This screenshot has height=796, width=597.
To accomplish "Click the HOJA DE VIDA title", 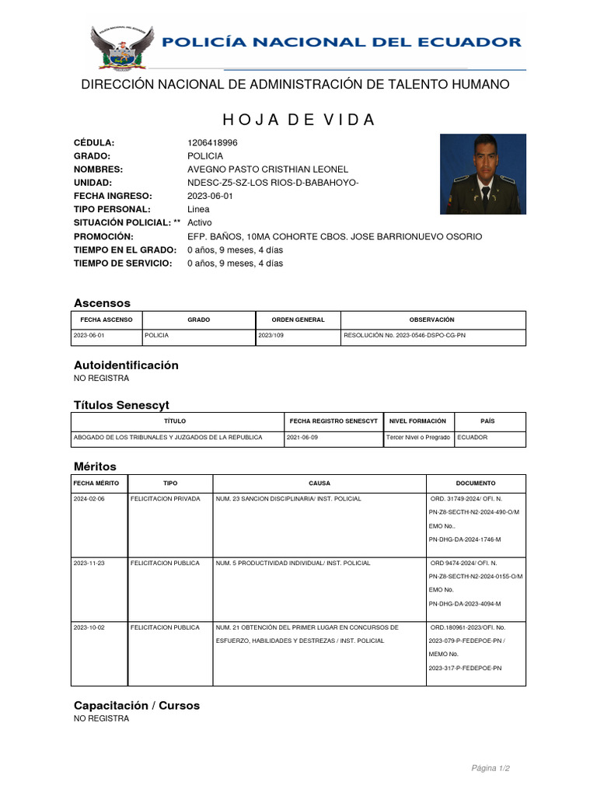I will (298, 120).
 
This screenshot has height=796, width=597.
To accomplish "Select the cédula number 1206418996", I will (213, 143).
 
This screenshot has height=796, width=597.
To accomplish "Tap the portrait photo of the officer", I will (483, 173).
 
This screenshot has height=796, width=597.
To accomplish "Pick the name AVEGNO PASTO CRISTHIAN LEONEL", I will (268, 169).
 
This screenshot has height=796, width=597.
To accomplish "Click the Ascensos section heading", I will (102, 303).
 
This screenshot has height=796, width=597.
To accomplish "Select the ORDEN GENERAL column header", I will (298, 319).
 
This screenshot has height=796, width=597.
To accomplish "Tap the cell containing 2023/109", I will (271, 336).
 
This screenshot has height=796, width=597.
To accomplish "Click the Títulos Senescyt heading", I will (121, 405).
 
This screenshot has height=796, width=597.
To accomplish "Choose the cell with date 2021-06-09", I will (302, 438).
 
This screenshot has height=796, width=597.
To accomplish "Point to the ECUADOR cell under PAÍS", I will (473, 438).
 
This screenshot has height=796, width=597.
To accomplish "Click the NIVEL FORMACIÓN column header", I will (418, 421).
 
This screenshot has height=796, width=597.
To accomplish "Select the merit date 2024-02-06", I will (89, 498).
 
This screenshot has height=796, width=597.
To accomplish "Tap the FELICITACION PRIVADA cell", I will (166, 498).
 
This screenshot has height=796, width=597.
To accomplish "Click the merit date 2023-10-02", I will (89, 627).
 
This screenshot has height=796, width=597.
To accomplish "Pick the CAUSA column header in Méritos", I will (319, 483).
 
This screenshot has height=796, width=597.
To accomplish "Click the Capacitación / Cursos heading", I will (137, 706).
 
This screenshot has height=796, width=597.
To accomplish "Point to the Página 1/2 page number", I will (491, 769).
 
